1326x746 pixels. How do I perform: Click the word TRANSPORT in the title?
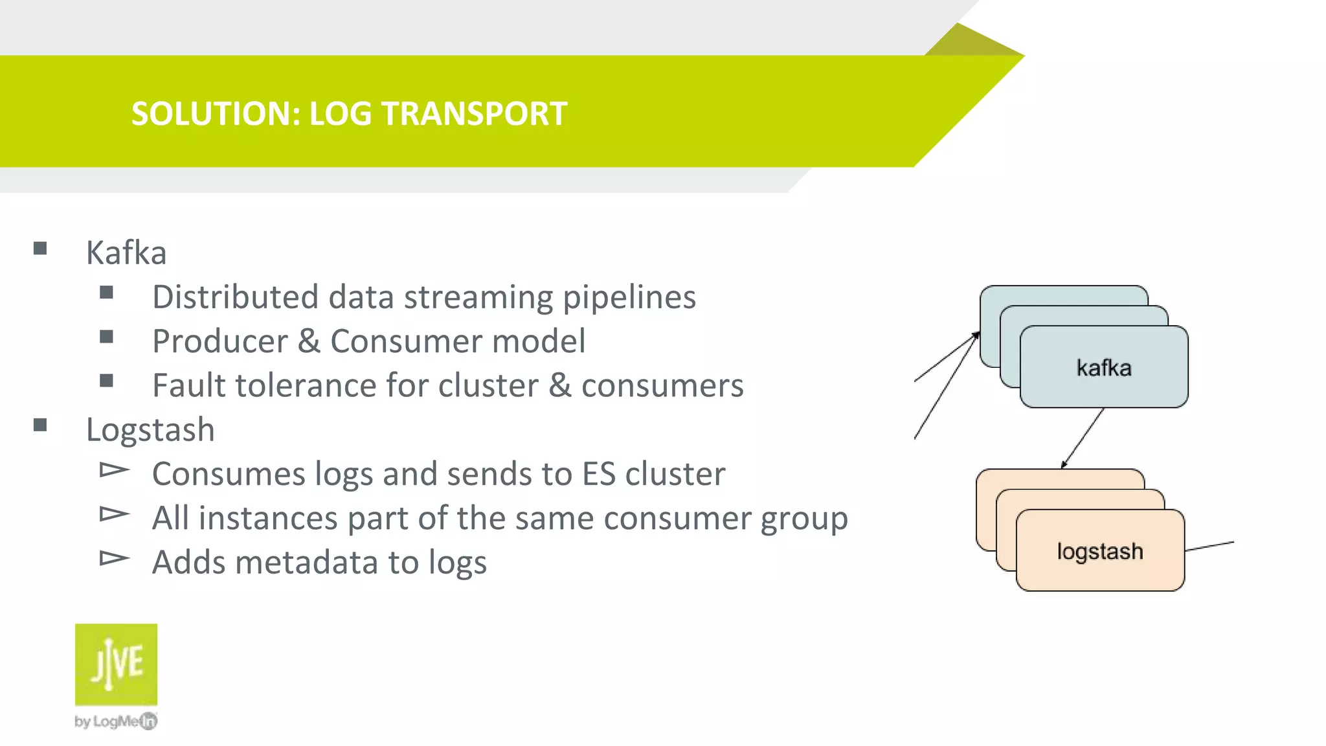(x=474, y=114)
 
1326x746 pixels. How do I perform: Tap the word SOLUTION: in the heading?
(x=216, y=114)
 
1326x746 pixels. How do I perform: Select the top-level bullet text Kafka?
(x=126, y=253)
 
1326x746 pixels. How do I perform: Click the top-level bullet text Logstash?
(x=150, y=430)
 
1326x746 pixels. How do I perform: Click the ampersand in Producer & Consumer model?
(x=309, y=341)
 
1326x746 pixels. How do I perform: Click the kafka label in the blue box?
(x=1104, y=368)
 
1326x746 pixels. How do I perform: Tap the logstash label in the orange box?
(x=1100, y=552)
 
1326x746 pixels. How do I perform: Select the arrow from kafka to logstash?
(x=1083, y=438)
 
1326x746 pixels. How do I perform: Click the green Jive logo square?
(x=116, y=664)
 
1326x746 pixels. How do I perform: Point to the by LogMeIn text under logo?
(x=116, y=721)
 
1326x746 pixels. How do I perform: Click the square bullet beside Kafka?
(x=40, y=249)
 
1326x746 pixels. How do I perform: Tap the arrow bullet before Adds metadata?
(x=114, y=558)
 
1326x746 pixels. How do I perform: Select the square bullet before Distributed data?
(x=107, y=293)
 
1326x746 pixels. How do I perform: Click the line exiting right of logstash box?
(x=1209, y=546)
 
